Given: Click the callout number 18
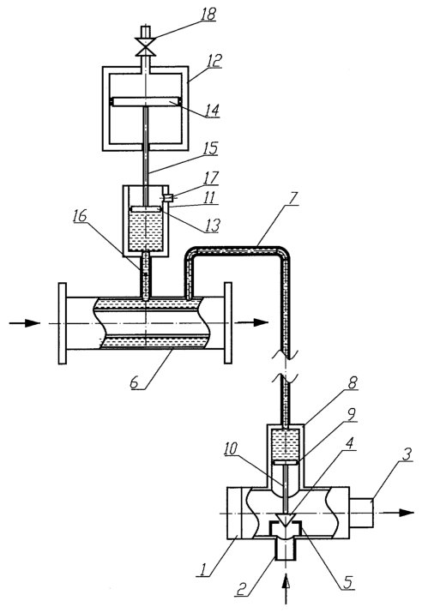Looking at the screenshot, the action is click(208, 15).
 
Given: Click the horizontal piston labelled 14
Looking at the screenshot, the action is click(147, 102).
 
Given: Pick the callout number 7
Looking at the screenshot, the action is click(295, 198).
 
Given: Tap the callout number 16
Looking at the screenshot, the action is click(80, 216).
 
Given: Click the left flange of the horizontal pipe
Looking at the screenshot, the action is click(63, 323).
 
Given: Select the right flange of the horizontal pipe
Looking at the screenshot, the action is click(228, 323).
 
